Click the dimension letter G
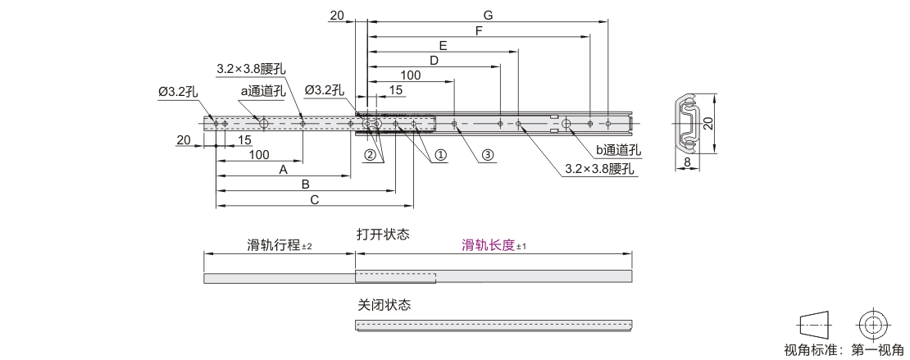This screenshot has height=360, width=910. click(488, 15)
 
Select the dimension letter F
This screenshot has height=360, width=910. click(479, 30)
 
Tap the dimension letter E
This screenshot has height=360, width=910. click(443, 45)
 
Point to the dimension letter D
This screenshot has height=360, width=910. click(434, 60)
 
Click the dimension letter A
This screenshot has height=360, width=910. click(283, 170)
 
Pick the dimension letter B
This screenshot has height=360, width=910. click(305, 185)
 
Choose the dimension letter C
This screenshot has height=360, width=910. click(314, 199)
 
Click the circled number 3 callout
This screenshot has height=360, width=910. click(488, 154)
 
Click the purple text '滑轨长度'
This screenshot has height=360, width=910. click(489, 245)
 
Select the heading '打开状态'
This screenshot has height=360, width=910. click(383, 234)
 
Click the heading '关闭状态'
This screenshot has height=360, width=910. click(384, 304)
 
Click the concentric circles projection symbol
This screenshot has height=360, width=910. click(873, 324)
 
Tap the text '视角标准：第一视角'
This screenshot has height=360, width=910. click(844, 351)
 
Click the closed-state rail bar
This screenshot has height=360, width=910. click(494, 325)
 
